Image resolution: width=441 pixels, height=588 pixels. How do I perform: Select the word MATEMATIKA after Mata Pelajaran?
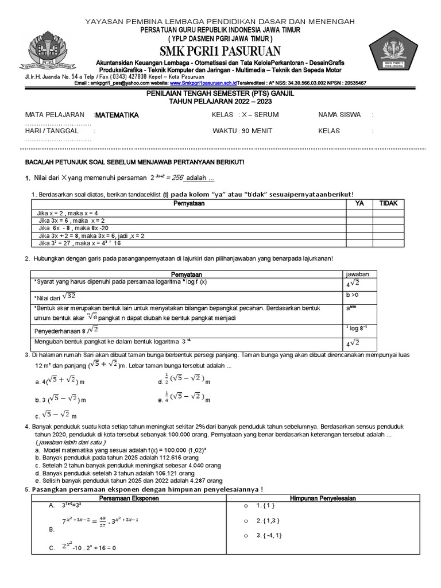pyautogui.click(x=117, y=115)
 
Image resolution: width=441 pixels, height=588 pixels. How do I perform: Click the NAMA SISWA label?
pyautogui.click(x=339, y=115)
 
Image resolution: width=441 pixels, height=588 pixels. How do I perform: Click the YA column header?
pyautogui.click(x=359, y=204)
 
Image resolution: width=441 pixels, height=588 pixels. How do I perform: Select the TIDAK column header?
pyautogui.click(x=388, y=204)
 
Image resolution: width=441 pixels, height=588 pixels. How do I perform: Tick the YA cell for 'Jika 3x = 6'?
pyautogui.click(x=359, y=220)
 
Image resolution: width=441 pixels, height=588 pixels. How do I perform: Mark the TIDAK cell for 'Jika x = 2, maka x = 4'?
pyautogui.click(x=388, y=213)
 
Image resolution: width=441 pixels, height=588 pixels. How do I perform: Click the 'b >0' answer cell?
pyautogui.click(x=353, y=295)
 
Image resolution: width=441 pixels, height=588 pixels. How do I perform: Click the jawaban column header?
pyautogui.click(x=357, y=274)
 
